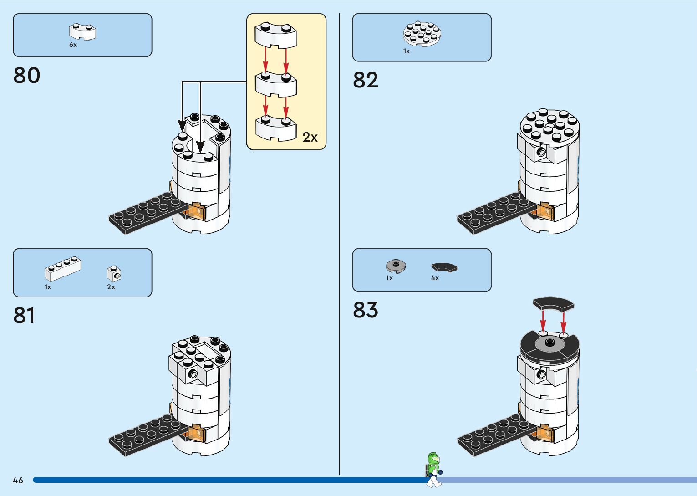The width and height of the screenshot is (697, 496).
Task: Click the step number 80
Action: point(27,75)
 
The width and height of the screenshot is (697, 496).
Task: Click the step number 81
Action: point(24,316)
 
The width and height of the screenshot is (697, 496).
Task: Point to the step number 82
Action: point(366,80)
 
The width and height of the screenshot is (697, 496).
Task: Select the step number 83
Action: point(366,310)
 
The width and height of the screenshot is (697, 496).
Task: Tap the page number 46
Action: point(18,480)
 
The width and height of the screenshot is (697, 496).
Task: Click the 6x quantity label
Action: point(73,45)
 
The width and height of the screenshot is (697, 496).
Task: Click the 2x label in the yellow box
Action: point(310,137)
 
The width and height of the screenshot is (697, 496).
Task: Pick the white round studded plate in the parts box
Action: point(422,34)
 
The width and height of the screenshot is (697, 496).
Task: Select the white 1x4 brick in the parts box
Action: point(63,269)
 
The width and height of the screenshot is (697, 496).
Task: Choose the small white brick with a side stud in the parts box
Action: point(113,274)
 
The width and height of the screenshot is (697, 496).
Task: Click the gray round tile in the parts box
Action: point(396,266)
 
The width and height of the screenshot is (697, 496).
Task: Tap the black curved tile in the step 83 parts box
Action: point(444,268)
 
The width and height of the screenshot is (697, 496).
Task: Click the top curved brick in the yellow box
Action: point(276,36)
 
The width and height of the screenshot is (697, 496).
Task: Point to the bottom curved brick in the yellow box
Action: point(276,128)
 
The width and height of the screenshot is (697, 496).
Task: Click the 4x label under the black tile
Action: point(435,278)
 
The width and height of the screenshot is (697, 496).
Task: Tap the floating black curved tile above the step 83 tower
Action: point(553,304)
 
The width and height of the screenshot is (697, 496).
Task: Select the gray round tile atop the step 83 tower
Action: point(549,343)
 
